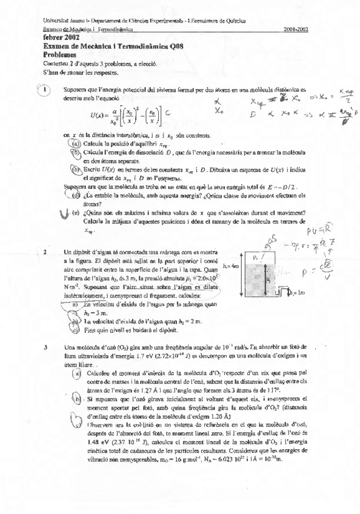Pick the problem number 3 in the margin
coord(45,347)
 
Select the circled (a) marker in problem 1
coord(75,143)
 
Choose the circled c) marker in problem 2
coord(75,331)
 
